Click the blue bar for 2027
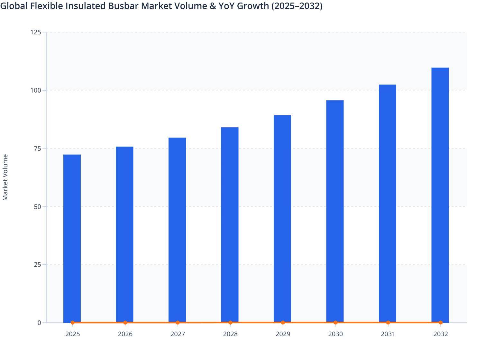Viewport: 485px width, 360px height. click(x=177, y=230)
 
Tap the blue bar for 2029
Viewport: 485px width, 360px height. click(x=282, y=219)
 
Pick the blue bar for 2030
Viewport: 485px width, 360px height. click(x=335, y=211)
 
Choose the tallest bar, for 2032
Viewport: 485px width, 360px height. click(x=440, y=195)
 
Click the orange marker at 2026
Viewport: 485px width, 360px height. click(x=125, y=322)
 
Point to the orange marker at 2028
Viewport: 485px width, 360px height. click(x=230, y=322)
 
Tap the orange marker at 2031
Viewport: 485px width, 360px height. click(x=388, y=322)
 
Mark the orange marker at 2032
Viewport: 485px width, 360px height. click(x=441, y=322)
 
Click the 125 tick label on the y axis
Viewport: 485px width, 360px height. click(x=36, y=32)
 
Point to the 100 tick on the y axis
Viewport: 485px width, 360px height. click(x=36, y=90)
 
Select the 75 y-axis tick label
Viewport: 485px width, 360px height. click(x=37, y=148)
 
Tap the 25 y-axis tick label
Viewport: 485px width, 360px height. click(x=37, y=265)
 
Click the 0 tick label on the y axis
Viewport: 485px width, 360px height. click(x=39, y=323)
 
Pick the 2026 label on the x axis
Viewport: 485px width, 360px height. click(x=125, y=334)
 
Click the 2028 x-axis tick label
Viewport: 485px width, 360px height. click(x=230, y=334)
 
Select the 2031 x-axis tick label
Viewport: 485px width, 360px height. click(x=388, y=334)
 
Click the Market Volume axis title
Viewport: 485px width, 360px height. click(x=5, y=177)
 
